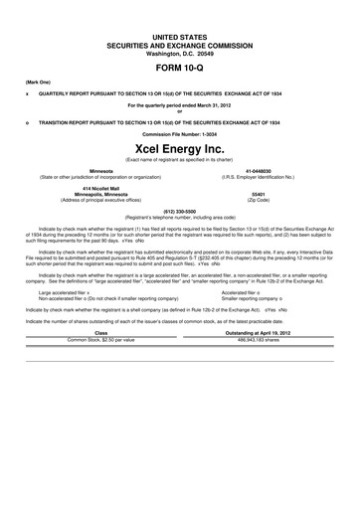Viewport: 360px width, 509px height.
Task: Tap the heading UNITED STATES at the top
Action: (180, 35)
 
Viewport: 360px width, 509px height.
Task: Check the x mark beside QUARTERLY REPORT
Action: (27, 90)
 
